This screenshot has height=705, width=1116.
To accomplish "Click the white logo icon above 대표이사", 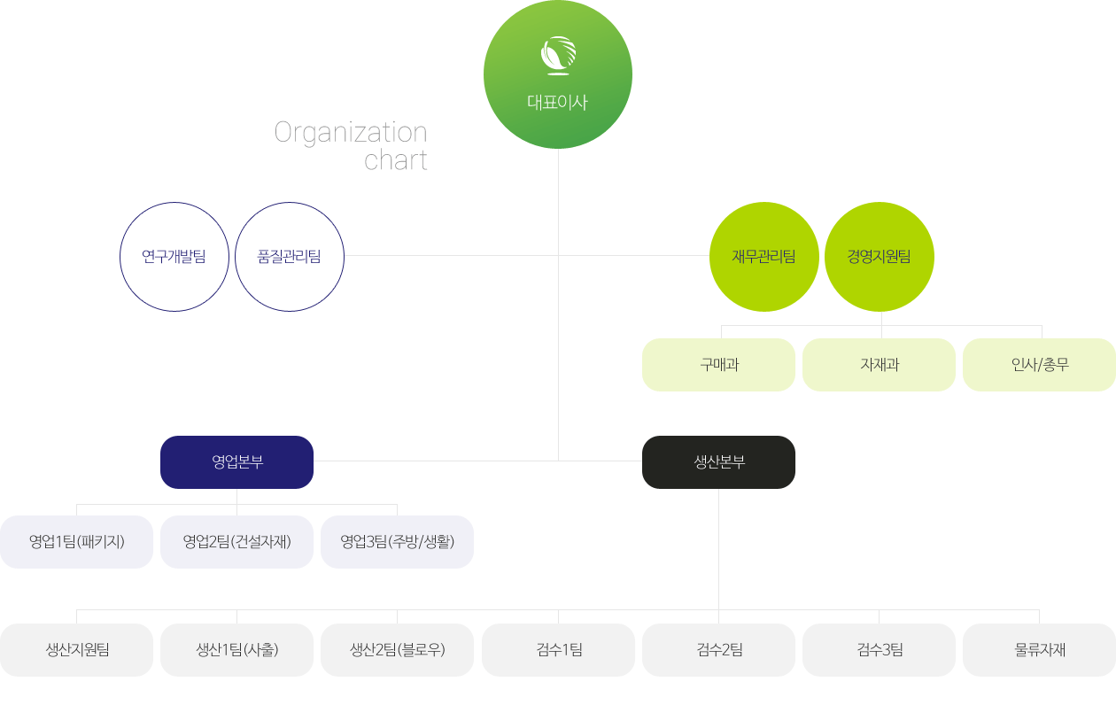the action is [x=558, y=55].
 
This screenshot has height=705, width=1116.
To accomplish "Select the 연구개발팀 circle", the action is [x=174, y=257].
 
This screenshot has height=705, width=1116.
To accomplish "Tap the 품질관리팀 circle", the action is [x=290, y=257].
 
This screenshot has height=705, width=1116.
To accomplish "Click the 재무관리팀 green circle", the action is [x=764, y=257].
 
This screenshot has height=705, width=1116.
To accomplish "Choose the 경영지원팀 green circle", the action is [x=880, y=257].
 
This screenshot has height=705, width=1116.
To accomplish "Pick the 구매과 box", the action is [x=718, y=365].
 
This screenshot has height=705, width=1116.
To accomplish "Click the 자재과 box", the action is [x=879, y=365].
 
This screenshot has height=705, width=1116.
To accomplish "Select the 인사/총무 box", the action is [x=1039, y=365].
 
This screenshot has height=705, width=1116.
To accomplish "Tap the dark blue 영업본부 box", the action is [x=236, y=462].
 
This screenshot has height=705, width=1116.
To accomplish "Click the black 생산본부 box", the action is [x=718, y=462].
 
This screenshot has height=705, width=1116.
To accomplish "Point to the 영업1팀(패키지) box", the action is [x=76, y=542].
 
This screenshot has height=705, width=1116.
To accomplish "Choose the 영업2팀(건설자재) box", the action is [x=236, y=542].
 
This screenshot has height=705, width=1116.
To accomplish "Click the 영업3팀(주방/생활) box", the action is [x=397, y=542].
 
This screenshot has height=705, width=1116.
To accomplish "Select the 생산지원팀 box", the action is [x=76, y=650].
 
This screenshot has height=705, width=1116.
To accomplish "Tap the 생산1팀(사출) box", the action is [x=236, y=650].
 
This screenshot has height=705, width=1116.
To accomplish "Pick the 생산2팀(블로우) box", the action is [x=397, y=650].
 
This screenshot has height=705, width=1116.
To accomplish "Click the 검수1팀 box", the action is [x=559, y=650].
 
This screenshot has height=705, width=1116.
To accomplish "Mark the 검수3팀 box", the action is [x=879, y=650].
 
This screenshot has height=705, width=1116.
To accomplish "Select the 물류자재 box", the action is [x=1039, y=650].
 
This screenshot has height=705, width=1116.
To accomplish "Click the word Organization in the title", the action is [x=351, y=133].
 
